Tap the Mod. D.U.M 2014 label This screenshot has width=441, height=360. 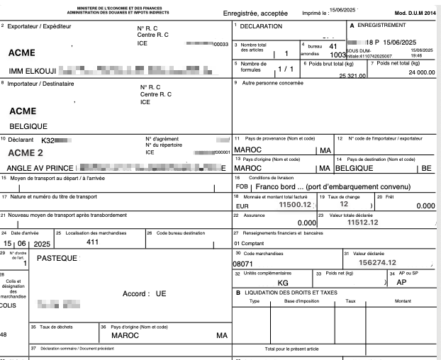(414, 13)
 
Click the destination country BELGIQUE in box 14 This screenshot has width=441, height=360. (355, 169)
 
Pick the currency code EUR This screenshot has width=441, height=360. (242, 206)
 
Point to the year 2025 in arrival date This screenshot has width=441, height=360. (43, 243)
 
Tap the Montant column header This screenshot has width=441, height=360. (402, 300)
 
